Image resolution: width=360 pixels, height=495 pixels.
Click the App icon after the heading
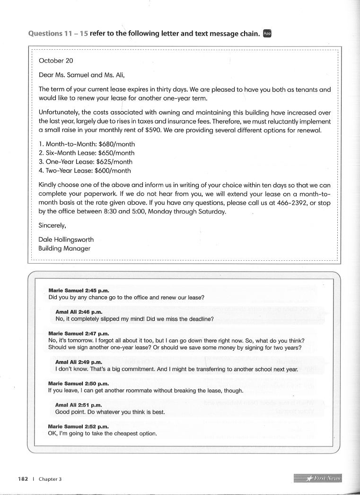[x=267, y=34]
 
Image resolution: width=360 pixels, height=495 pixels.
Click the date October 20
[x=56, y=61]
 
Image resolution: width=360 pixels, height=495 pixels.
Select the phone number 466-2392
[x=292, y=203]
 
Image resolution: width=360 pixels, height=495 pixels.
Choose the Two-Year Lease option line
[x=85, y=171]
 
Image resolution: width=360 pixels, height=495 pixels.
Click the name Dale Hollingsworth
[x=66, y=239]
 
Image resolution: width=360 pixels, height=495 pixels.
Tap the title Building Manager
[x=64, y=248]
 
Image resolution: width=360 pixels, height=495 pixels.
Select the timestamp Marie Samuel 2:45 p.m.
[x=79, y=290]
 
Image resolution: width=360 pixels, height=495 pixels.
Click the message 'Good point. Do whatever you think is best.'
[x=110, y=412]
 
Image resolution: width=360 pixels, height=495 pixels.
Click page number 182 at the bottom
[x=23, y=478]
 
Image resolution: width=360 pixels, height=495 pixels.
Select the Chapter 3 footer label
[x=51, y=478]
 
